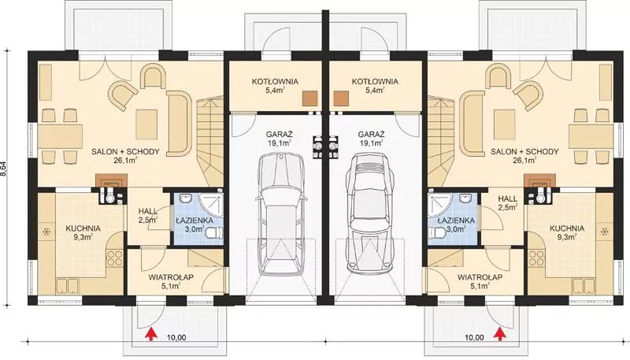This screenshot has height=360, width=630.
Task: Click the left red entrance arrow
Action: point(150,334)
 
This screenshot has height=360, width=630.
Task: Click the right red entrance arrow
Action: point(500,334)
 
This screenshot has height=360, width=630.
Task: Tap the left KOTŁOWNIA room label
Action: point(275,82)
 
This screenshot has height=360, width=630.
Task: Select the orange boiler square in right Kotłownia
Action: point(341,98)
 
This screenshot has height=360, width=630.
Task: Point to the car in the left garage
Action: point(281,213)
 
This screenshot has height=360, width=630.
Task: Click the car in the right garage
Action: point(369,213)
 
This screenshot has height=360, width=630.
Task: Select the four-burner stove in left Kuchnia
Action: point(115,258)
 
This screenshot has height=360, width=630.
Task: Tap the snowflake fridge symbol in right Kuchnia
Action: point(604,232)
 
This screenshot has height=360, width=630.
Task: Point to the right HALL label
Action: point(508,199)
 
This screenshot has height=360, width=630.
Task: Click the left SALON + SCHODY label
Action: point(125,152)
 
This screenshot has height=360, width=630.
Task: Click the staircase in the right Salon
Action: point(441,141)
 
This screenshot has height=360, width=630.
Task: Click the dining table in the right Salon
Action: point(591,136)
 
